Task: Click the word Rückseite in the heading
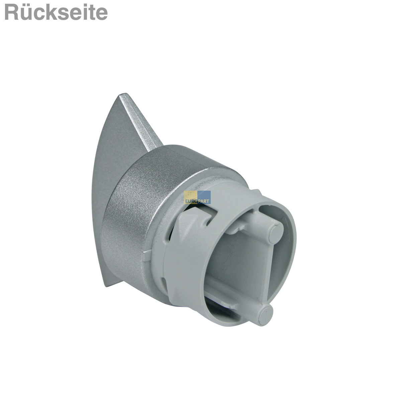tap(56, 12)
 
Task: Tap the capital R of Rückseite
tap(11, 13)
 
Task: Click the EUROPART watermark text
tap(197, 201)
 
